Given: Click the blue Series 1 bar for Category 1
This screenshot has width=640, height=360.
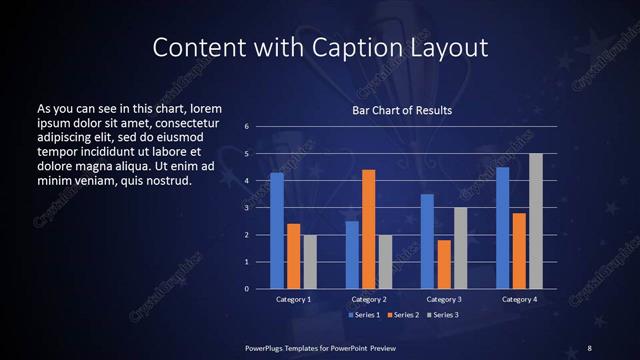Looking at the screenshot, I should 276,231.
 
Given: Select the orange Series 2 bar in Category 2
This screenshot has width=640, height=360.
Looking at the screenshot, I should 368,229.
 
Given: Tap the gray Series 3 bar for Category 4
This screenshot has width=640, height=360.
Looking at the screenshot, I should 535,221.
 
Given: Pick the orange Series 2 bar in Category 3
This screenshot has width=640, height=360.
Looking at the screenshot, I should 444,264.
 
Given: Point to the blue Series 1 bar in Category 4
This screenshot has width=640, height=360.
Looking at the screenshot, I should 502,228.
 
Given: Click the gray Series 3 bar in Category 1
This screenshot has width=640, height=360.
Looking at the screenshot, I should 310,262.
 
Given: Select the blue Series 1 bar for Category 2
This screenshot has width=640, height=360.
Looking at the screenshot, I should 352,255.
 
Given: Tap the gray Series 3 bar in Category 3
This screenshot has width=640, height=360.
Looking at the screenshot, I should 460,248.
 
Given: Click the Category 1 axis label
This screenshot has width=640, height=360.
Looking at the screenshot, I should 293,299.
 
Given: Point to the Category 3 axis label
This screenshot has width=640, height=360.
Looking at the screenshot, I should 443,299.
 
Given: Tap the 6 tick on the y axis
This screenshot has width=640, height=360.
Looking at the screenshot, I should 246,127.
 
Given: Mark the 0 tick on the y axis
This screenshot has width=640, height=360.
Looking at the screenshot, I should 246,289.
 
